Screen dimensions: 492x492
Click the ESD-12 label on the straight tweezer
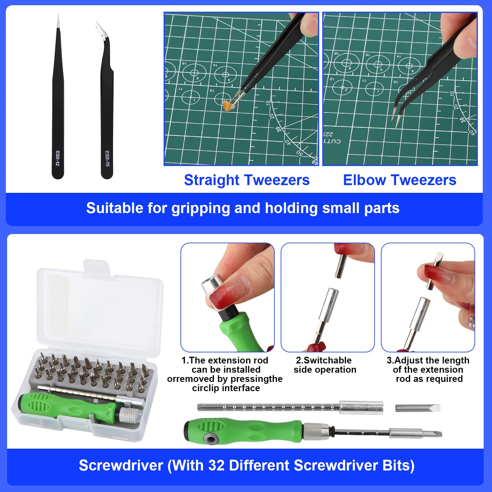coord(58,158)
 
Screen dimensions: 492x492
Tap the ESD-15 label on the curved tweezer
coord(107,158)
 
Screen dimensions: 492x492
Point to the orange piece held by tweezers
coord(228,105)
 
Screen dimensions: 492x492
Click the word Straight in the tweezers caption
coord(212,180)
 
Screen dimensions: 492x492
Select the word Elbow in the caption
coord(364,180)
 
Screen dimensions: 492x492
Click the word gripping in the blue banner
coord(201,209)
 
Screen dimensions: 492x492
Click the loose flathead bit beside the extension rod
coord(418,408)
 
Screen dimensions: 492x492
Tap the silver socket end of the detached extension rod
coord(361,408)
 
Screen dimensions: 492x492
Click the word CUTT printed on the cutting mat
coord(332,141)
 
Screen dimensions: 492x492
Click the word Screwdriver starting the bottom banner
coord(121,465)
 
